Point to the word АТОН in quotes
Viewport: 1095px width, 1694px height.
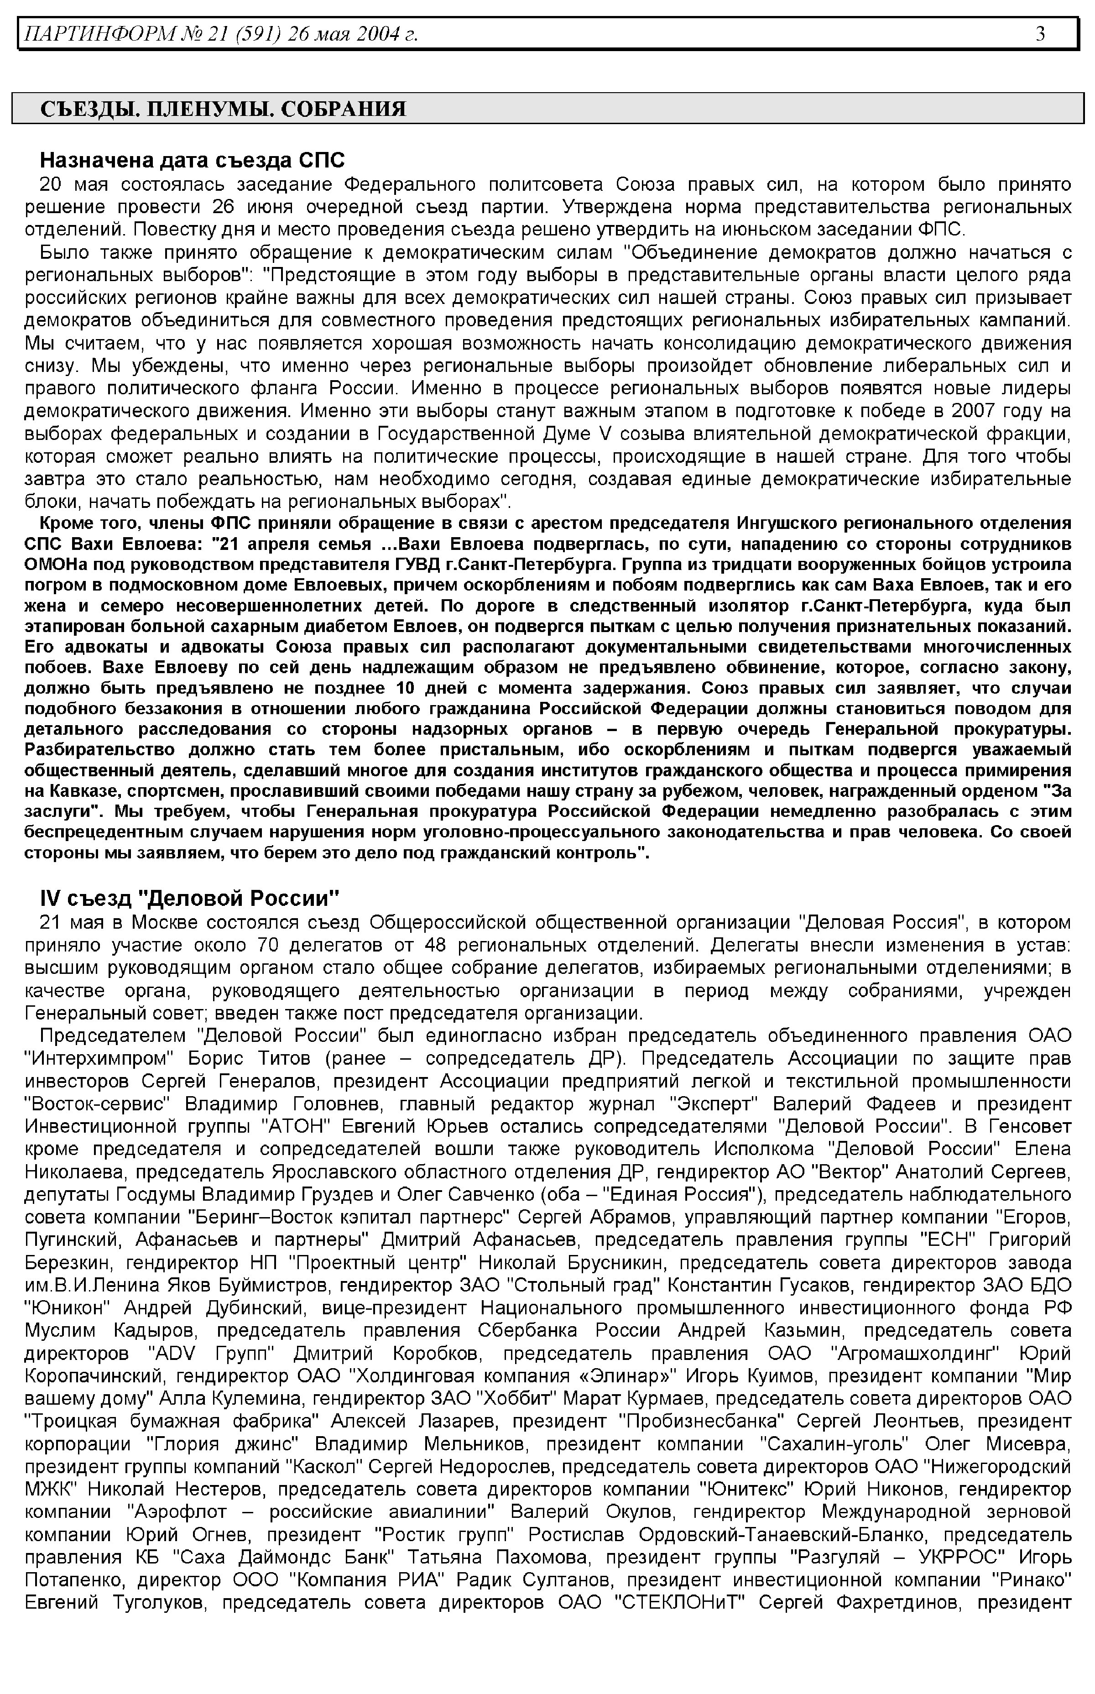(x=293, y=1127)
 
